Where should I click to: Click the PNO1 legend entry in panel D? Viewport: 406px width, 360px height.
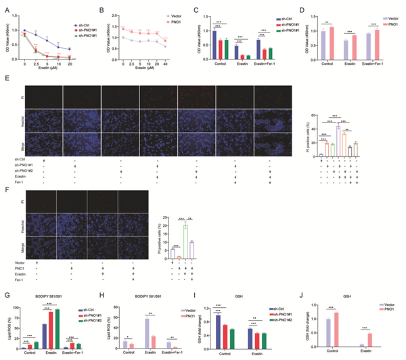point(388,20)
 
